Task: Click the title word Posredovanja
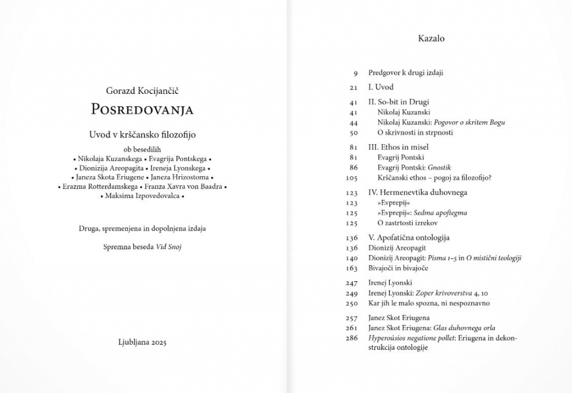click(x=142, y=110)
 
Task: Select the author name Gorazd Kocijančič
click(x=142, y=90)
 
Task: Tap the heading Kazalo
click(x=431, y=39)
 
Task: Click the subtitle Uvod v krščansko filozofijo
click(x=142, y=134)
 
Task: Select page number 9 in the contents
click(x=355, y=73)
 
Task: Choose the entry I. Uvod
click(x=380, y=87)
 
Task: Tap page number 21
click(x=353, y=87)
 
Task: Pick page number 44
click(x=353, y=122)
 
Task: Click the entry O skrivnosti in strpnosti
click(x=414, y=132)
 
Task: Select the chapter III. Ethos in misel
click(x=398, y=147)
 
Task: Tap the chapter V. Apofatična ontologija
click(x=409, y=238)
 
